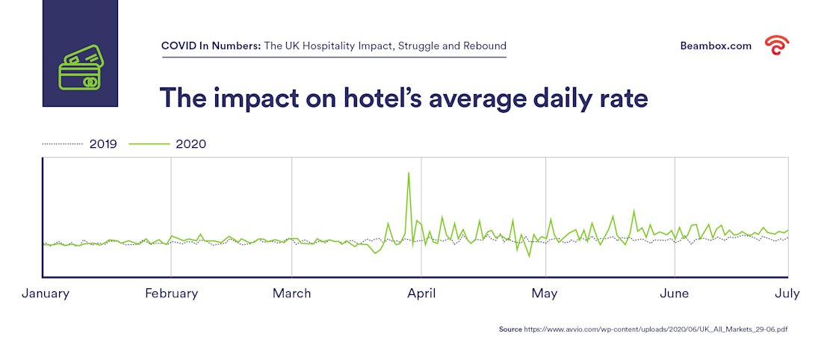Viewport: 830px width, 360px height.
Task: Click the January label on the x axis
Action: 46,294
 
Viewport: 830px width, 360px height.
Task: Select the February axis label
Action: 171,294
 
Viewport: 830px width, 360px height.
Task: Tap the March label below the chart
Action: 291,294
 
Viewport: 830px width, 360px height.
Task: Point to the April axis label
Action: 421,294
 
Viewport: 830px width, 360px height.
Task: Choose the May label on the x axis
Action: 545,294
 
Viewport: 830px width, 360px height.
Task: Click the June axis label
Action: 675,294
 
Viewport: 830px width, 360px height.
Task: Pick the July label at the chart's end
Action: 787,294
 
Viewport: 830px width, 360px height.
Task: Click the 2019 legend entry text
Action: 103,144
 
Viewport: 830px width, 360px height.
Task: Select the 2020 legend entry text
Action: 191,144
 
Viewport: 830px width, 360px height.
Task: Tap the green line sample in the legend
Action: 149,144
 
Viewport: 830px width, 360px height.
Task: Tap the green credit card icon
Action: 80,68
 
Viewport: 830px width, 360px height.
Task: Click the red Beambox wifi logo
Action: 777,46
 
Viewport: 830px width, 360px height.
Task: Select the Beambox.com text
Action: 716,46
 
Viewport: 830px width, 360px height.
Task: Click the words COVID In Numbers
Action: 211,46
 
